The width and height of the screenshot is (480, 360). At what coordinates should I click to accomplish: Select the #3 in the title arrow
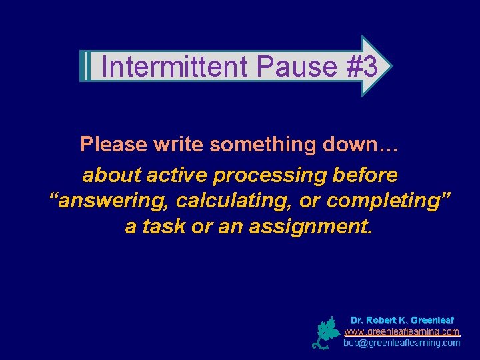(x=362, y=67)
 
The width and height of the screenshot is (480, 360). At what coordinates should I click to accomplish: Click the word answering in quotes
(x=110, y=201)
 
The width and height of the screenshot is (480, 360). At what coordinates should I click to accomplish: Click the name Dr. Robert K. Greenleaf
(x=402, y=320)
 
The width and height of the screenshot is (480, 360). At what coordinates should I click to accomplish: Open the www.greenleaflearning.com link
(x=402, y=331)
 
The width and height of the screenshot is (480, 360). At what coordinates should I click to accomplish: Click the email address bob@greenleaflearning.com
(x=402, y=343)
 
